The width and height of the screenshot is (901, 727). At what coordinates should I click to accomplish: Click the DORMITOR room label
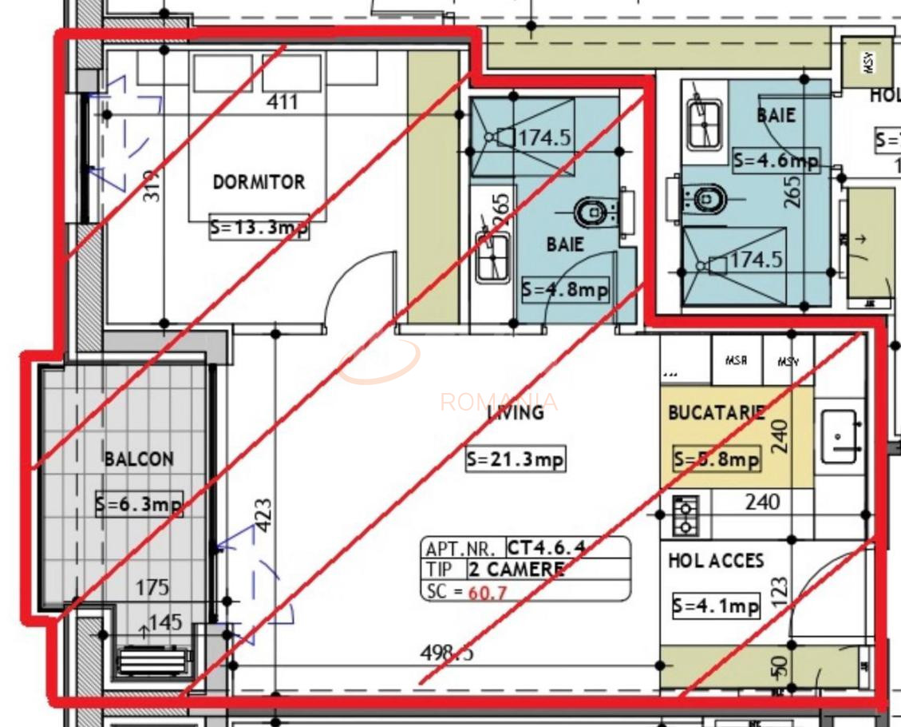pyautogui.click(x=259, y=182)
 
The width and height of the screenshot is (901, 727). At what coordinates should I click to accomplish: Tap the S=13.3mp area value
pyautogui.click(x=259, y=228)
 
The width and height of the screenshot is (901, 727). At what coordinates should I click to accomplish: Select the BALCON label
pyautogui.click(x=139, y=459)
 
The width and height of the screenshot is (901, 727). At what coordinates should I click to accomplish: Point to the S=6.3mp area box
pyautogui.click(x=139, y=504)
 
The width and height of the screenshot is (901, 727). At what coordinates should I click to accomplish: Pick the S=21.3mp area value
pyautogui.click(x=516, y=459)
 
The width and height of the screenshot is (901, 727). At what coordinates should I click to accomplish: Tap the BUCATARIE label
pyautogui.click(x=716, y=413)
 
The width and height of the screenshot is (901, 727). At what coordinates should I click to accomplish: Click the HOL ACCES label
pyautogui.click(x=716, y=561)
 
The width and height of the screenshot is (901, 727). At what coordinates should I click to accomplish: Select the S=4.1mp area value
pyautogui.click(x=716, y=606)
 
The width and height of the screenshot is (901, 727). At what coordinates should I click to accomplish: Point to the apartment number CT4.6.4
pyautogui.click(x=547, y=549)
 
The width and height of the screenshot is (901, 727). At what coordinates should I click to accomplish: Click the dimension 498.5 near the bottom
pyautogui.click(x=447, y=653)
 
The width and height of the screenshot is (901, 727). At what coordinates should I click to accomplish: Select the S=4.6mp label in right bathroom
pyautogui.click(x=776, y=161)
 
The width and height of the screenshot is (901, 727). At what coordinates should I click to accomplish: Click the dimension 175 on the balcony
pyautogui.click(x=152, y=588)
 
